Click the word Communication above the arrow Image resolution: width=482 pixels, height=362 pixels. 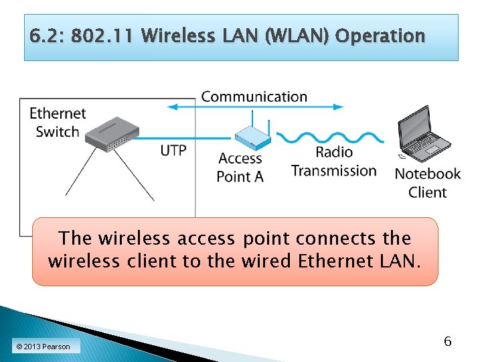point(254,97)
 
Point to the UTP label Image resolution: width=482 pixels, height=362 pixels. point(173,150)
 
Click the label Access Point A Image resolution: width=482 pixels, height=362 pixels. point(240,168)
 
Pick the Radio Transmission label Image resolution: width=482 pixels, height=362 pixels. point(333,162)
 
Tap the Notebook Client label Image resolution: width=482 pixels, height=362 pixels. point(428,183)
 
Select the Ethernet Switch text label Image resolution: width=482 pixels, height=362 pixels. point(58,123)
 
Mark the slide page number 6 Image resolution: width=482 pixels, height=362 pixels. point(448,342)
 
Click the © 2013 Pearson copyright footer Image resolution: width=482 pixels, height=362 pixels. point(43,347)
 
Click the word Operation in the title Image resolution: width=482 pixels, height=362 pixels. point(380,36)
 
